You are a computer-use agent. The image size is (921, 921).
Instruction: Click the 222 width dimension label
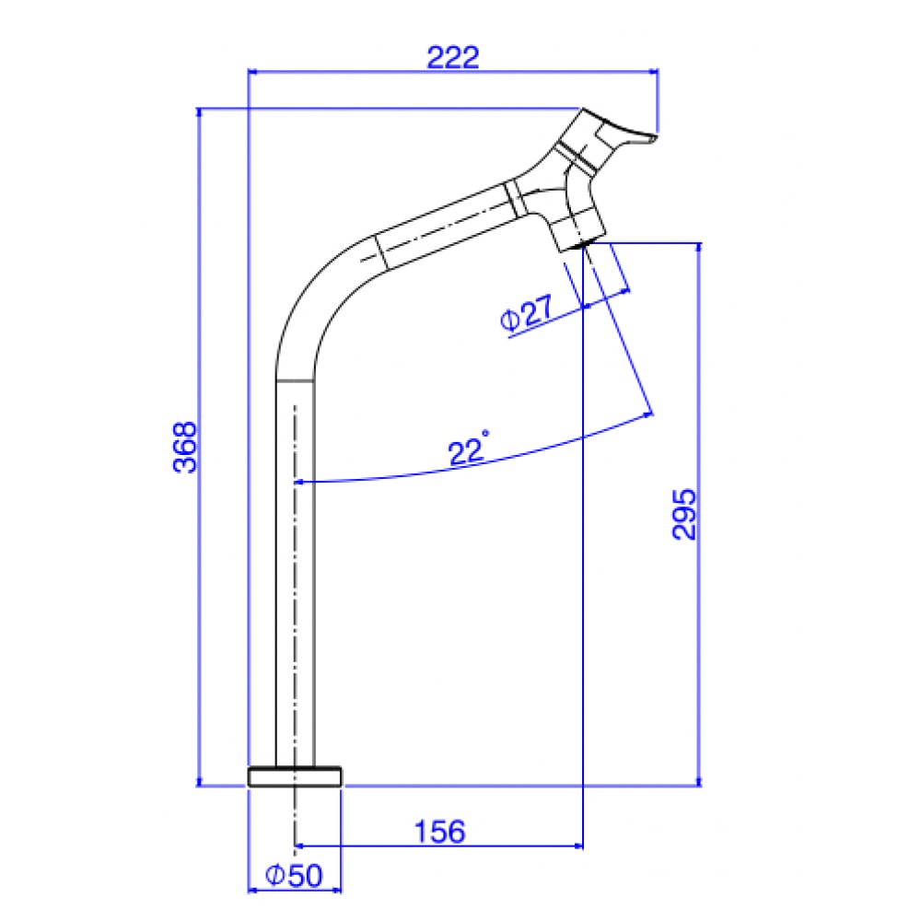pyautogui.click(x=453, y=57)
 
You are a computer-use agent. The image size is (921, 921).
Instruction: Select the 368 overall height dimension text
pyautogui.click(x=186, y=447)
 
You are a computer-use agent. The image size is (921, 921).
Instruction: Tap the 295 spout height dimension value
pyautogui.click(x=683, y=514)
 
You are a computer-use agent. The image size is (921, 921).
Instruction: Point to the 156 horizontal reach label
pyautogui.click(x=439, y=832)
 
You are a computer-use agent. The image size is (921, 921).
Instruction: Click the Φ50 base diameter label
pyautogui.click(x=294, y=876)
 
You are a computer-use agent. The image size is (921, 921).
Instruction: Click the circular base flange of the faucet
pyautogui.click(x=295, y=776)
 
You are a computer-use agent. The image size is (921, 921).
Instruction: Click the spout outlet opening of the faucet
pyautogui.click(x=578, y=245)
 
